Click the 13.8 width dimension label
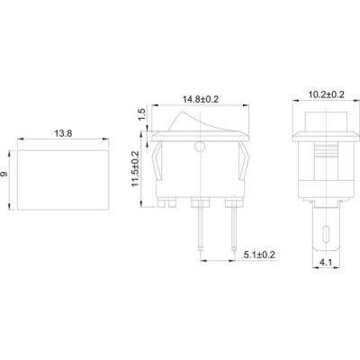(x=63, y=133)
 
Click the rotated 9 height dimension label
(x=4, y=175)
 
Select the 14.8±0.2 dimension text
(x=201, y=99)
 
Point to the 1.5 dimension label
(x=142, y=115)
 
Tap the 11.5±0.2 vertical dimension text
(x=135, y=168)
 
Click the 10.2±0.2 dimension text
(x=327, y=94)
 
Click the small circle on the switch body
(x=200, y=147)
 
